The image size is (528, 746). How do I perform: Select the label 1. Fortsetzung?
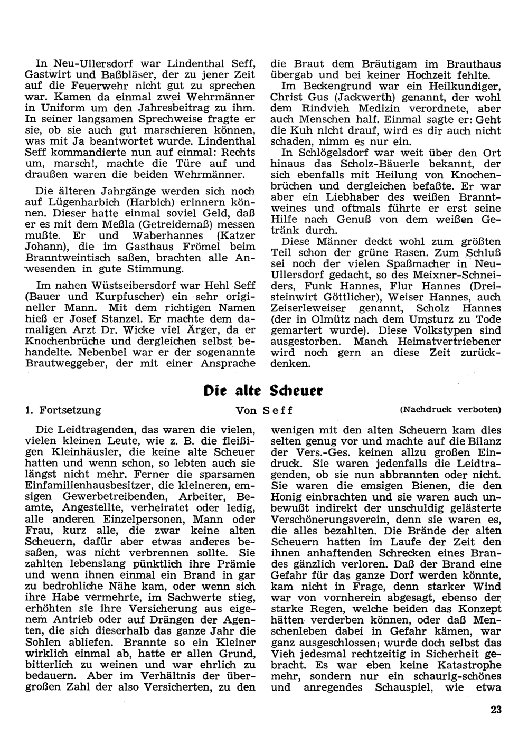(x=63, y=410)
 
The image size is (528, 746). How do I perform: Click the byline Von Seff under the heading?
(x=264, y=410)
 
